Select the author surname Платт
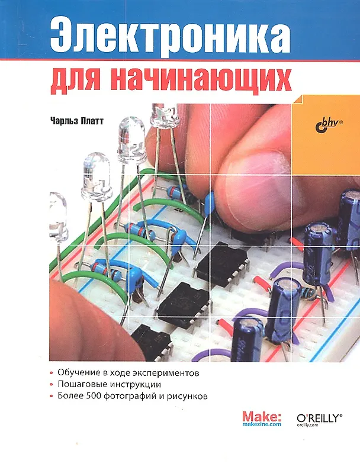[92, 121]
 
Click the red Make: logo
[262, 416]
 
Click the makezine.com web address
[262, 424]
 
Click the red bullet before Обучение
[52, 373]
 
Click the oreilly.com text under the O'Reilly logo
[307, 425]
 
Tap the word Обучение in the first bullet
[78, 373]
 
